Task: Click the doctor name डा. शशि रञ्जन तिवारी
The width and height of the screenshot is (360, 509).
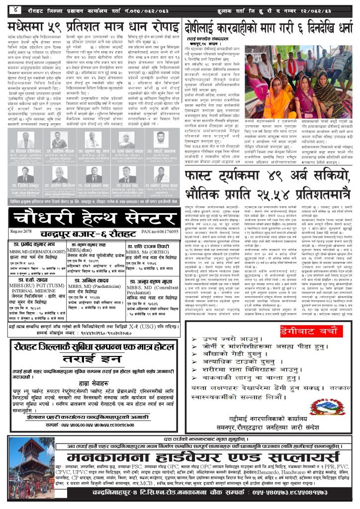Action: [148, 246]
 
